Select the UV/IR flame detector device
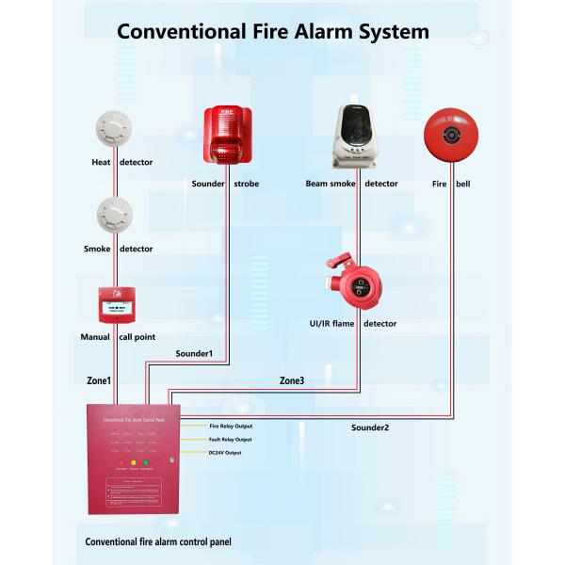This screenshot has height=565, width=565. (x=356, y=283)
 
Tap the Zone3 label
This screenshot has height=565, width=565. (x=292, y=380)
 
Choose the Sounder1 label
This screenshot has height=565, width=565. (x=194, y=353)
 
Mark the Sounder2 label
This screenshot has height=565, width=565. (x=370, y=428)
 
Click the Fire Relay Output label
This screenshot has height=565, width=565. (x=230, y=426)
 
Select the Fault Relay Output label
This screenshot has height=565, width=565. (x=230, y=440)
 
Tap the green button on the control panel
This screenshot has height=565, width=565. (x=147, y=462)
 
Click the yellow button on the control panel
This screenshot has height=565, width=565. (x=134, y=462)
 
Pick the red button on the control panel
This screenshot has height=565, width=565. (x=120, y=462)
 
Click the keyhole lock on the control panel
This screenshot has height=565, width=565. (x=170, y=460)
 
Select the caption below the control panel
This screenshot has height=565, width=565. (x=158, y=541)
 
